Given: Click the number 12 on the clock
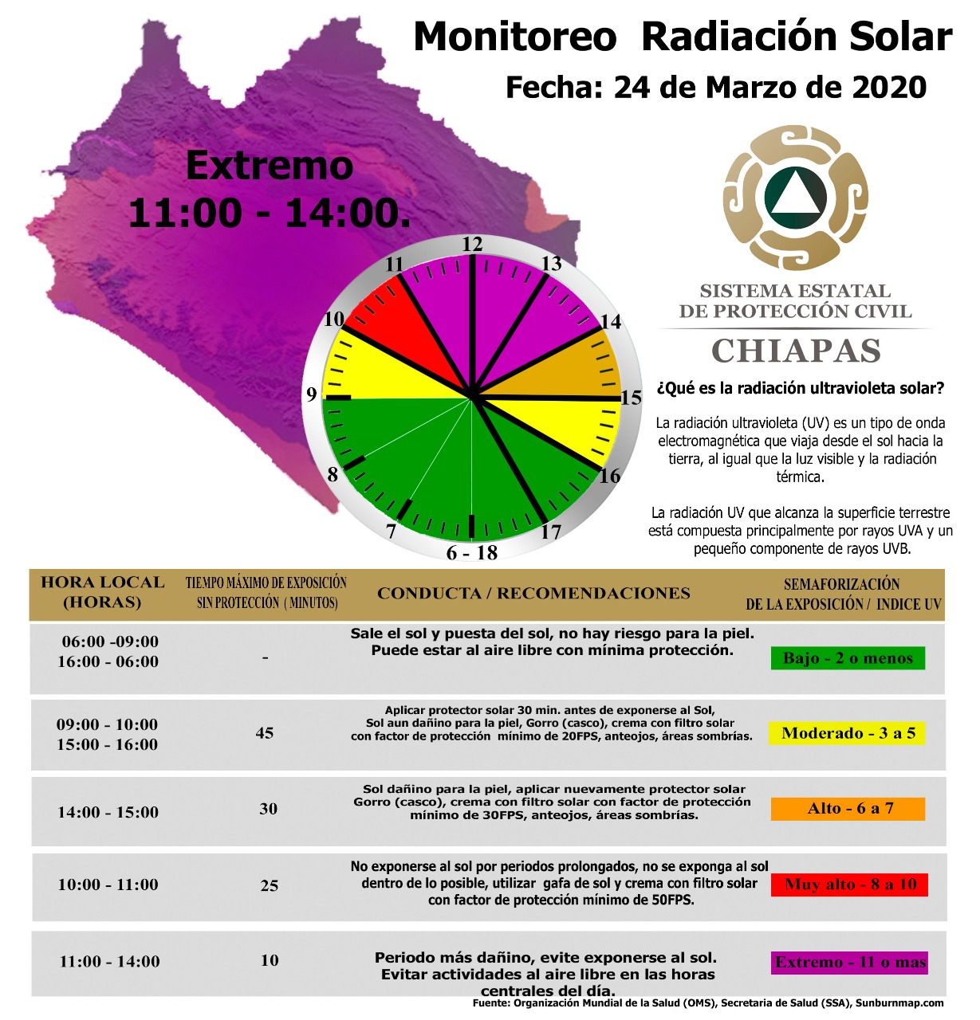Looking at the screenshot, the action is (472, 244).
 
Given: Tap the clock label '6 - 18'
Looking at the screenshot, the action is (471, 552).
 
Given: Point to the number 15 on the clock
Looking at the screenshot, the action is (631, 398).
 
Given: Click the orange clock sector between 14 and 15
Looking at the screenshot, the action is (577, 367).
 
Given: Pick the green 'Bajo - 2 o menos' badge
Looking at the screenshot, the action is (848, 657).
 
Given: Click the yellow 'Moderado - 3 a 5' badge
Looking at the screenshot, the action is (848, 733).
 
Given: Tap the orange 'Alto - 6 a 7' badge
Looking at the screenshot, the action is (848, 808).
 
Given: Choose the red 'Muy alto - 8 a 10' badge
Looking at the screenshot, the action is (849, 885).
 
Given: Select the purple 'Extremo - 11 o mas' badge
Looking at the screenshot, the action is (849, 963).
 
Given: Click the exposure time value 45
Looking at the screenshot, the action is (265, 733).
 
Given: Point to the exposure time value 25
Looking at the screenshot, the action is (270, 885).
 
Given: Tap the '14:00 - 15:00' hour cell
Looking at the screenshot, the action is (108, 812).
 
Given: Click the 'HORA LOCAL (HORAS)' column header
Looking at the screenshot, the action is (103, 592).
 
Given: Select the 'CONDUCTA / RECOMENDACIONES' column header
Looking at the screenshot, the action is (533, 594).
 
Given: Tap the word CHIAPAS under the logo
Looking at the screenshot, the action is (796, 351).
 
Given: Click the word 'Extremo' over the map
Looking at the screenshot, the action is (270, 166).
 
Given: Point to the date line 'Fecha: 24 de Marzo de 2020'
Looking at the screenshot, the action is (716, 87).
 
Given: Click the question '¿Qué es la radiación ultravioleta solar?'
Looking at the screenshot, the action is (801, 388).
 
